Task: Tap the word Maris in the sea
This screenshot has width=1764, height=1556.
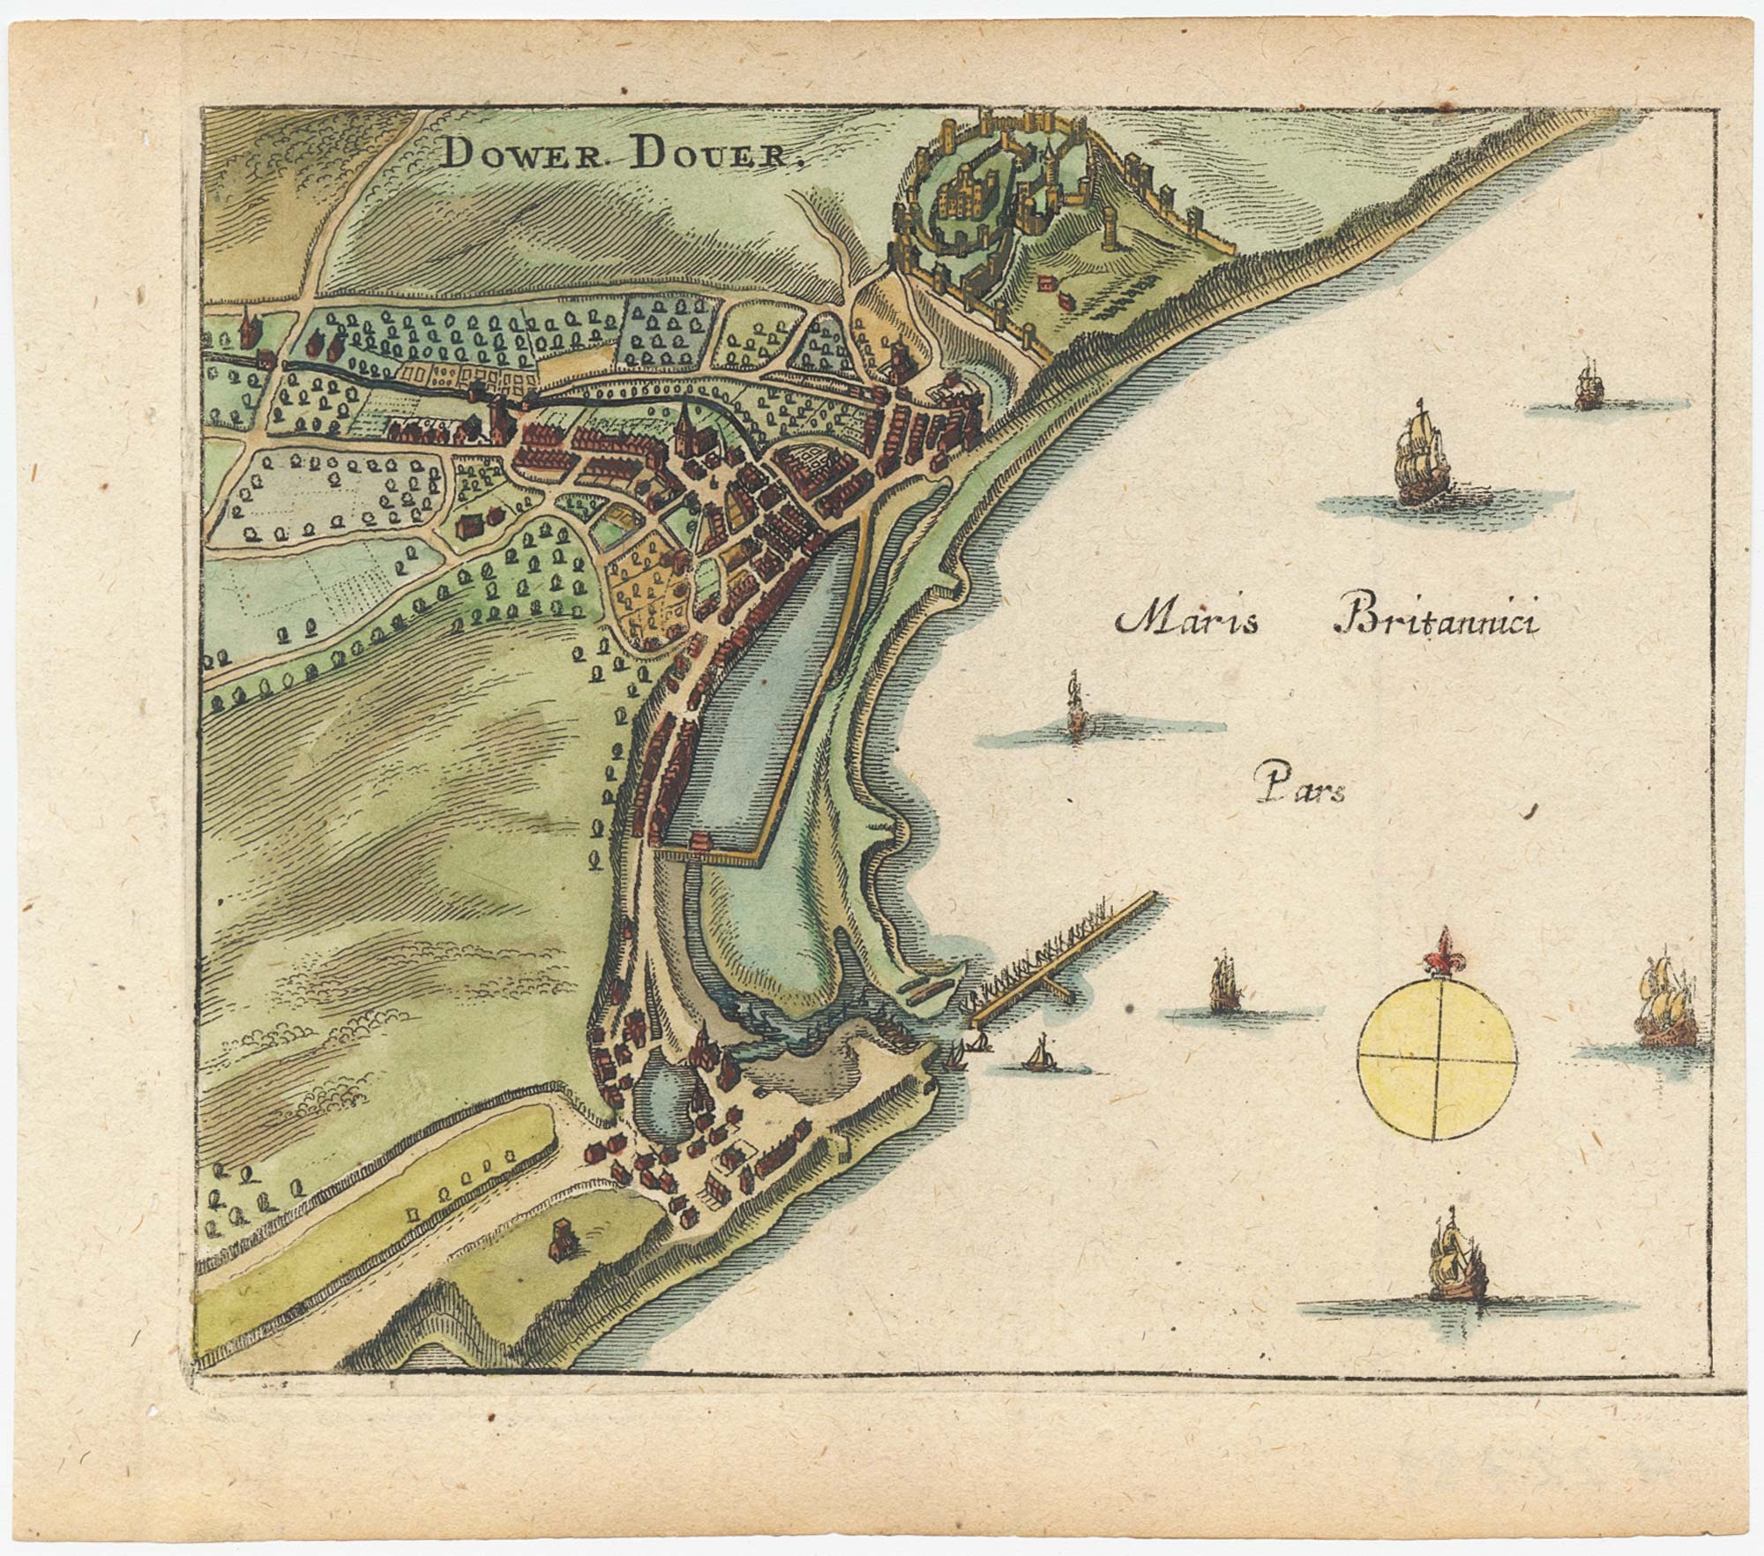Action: click(1187, 621)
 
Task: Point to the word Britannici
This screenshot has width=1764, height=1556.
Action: click(1437, 621)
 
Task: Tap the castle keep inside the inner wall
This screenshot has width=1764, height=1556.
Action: click(971, 196)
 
